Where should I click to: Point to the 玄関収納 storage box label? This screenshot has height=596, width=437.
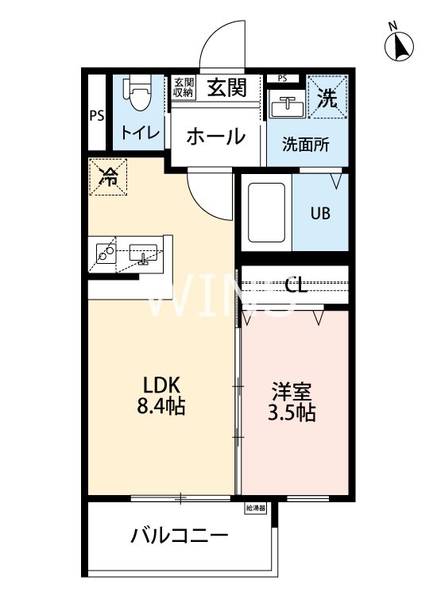pyautogui.click(x=184, y=87)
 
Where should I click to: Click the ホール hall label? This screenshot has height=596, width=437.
pyautogui.click(x=216, y=137)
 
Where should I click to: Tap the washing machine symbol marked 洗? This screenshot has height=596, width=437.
pyautogui.click(x=327, y=97)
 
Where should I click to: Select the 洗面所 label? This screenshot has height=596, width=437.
pyautogui.click(x=306, y=145)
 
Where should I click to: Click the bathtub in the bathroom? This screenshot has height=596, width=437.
pyautogui.click(x=265, y=212)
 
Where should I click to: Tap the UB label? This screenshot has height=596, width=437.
pyautogui.click(x=320, y=213)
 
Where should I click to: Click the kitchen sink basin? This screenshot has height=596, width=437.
pyautogui.click(x=144, y=253)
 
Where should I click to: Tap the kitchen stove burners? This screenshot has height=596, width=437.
pyautogui.click(x=106, y=253)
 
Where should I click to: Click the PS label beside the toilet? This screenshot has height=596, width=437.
pyautogui.click(x=96, y=115)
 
